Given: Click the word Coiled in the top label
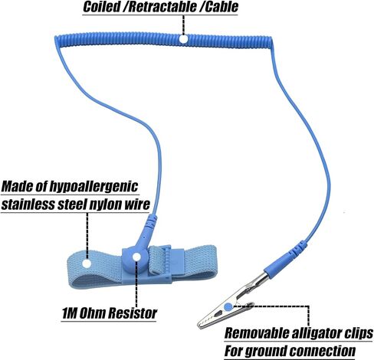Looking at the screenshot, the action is coord(101,7).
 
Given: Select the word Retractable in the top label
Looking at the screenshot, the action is coord(162,7).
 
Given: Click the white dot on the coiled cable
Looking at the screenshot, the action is coord(183,39).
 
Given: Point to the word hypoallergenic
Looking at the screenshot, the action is coord(93,187).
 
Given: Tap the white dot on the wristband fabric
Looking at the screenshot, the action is coord(87,263).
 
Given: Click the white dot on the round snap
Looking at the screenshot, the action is coord(136,257).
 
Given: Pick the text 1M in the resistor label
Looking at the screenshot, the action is coord(69,313).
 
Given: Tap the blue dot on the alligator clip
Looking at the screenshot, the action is coord(228,306).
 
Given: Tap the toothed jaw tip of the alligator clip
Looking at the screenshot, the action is coord(200,325).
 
